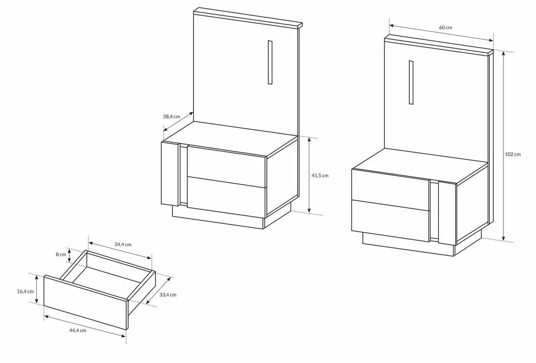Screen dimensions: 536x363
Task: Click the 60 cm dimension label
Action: (445, 27)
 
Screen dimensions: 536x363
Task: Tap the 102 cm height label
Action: (513, 154)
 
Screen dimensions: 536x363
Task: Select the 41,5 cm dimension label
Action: (320, 175)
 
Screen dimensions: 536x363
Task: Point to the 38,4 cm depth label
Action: (171, 116)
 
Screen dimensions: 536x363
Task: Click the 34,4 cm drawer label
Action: (123, 245)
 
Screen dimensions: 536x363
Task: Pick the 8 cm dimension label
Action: (61, 254)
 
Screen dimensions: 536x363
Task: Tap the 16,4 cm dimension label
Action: (25, 291)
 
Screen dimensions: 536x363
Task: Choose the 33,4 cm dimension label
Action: (168, 295)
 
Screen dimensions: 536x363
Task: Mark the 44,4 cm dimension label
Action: (77, 331)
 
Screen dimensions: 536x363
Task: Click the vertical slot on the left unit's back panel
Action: (270, 62)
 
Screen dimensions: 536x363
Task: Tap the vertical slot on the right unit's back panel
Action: (411, 82)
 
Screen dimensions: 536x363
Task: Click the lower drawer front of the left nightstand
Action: (227, 197)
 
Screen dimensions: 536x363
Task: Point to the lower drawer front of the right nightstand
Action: (390, 221)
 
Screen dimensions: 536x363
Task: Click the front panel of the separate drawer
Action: (85, 302)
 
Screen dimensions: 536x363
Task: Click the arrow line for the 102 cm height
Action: (503, 146)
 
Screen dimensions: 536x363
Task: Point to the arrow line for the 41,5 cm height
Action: (309, 175)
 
